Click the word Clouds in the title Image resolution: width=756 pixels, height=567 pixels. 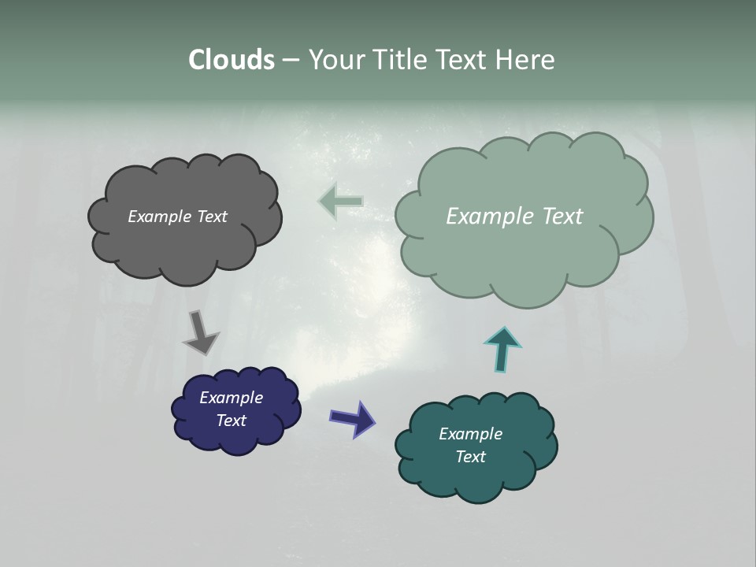231,60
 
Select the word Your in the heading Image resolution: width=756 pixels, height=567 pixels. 334,60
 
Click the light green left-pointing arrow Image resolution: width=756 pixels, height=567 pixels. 340,202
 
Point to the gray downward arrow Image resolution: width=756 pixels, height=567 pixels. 200,332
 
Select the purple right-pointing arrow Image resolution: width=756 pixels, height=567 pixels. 353,418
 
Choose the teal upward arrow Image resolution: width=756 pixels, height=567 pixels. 502,348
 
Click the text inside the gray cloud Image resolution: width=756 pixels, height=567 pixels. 177,217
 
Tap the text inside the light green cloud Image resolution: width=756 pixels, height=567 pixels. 514,217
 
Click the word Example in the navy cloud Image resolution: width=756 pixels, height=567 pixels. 231,398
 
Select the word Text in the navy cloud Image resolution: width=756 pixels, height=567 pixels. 231,421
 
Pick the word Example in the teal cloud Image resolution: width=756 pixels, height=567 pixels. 470,434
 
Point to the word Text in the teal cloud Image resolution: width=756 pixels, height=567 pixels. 470,457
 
